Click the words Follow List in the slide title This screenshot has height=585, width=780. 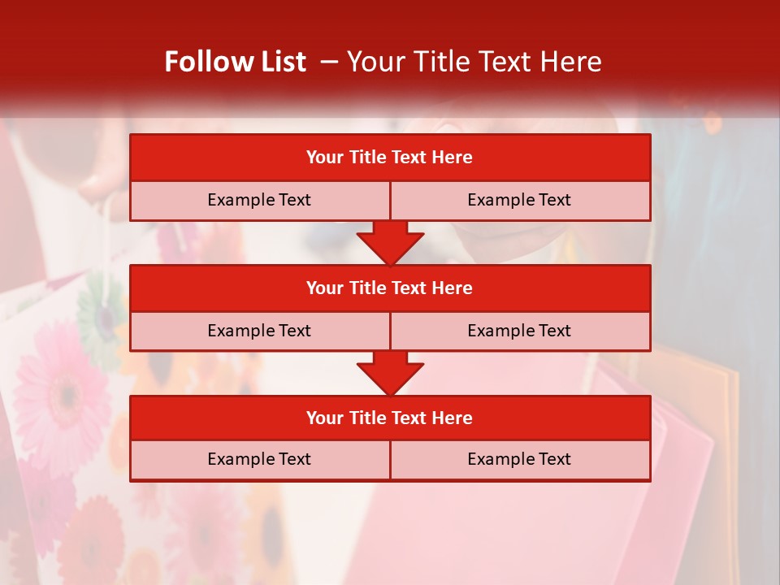(235, 62)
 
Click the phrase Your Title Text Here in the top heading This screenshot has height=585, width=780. (474, 62)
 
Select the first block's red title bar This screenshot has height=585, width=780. (390, 158)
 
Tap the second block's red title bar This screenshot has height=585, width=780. (390, 288)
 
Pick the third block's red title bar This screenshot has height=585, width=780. (390, 418)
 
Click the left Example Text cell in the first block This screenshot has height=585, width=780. (259, 200)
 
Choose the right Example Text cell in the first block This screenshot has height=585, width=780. (519, 200)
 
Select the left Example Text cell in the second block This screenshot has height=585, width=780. (259, 331)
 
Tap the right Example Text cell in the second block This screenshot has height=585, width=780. (519, 331)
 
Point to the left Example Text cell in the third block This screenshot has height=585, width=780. (259, 459)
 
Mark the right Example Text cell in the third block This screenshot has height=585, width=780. (519, 459)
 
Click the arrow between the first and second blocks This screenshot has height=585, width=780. (390, 242)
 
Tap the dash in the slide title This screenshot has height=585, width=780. (329, 62)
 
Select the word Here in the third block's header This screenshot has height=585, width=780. (453, 418)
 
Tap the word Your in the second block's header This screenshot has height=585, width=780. (325, 288)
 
